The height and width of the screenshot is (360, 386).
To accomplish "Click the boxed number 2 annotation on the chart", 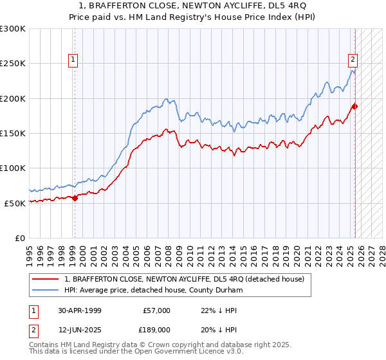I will click(353, 60).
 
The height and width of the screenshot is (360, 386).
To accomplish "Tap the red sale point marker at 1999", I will click(75, 198).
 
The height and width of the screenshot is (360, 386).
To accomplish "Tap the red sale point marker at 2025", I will click(354, 106).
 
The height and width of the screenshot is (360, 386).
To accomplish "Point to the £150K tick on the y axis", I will click(13, 134).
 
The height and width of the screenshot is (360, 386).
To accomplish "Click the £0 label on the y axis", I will click(19, 238).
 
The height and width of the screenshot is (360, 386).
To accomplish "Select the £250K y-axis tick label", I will click(13, 64).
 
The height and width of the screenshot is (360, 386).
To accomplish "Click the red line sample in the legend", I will click(45, 279).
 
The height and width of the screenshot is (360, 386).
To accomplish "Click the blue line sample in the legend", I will click(45, 290).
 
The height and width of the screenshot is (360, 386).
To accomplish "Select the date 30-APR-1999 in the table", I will click(78, 310).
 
